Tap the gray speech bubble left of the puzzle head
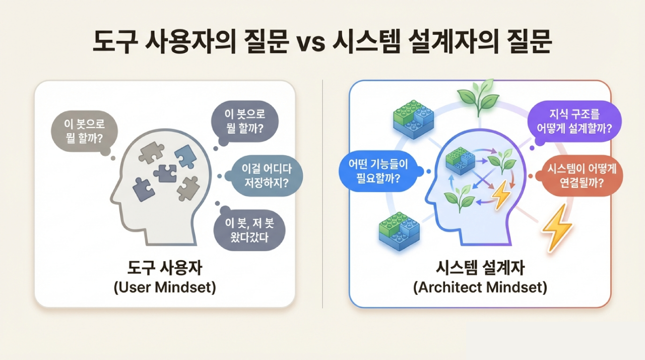coord(84,131)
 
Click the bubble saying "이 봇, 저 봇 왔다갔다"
coord(249,230)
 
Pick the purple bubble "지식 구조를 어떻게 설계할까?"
coord(574,121)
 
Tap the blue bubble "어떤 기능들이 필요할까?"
coord(378,171)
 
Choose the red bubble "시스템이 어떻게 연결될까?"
coord(581,175)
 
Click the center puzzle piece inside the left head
coord(165,173)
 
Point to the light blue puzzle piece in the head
coord(185,156)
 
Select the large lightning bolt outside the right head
coord(557,227)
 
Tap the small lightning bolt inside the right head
coord(501,195)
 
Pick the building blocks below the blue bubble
coord(399,231)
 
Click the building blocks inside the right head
coord(460,161)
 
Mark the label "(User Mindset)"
coord(165,287)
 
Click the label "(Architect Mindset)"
coord(480,287)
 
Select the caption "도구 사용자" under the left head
coord(165,268)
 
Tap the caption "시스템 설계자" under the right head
coord(480,268)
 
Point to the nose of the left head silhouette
coord(113,199)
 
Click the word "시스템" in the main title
coord(366,43)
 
